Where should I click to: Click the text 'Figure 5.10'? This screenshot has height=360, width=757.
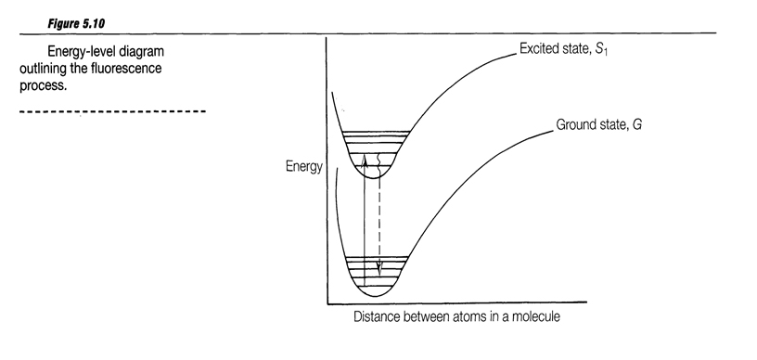coord(75,23)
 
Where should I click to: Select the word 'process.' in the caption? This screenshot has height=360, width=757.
coord(42,86)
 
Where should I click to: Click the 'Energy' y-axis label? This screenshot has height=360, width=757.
coord(303,167)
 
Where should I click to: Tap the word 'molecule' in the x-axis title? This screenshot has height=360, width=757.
coord(535,316)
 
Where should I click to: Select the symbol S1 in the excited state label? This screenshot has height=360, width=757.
coord(601,50)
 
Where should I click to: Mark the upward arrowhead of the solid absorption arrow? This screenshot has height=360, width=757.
coord(365,160)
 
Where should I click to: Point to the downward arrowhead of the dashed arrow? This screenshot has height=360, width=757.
coord(379,270)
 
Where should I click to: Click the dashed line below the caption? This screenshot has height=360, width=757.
coord(113,111)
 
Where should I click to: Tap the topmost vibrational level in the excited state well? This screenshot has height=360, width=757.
coord(376,131)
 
